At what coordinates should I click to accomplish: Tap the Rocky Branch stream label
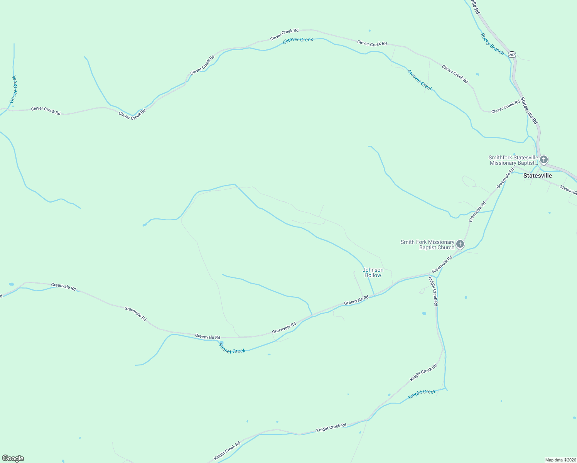click(x=492, y=44)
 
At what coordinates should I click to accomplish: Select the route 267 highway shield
click(x=512, y=54)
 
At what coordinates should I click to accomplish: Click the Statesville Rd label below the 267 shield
click(x=529, y=110)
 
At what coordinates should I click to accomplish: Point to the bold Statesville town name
click(x=537, y=176)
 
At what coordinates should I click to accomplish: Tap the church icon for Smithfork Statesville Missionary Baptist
click(x=544, y=159)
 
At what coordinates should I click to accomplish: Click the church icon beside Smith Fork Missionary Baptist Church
click(x=460, y=244)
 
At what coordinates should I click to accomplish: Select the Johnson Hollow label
click(x=373, y=272)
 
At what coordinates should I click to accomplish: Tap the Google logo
click(x=13, y=458)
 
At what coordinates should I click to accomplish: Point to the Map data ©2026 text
click(x=560, y=460)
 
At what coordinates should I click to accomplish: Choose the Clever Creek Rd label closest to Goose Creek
click(x=46, y=111)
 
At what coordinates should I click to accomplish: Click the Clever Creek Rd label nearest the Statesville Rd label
click(x=506, y=107)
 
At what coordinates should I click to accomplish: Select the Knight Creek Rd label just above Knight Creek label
click(x=423, y=372)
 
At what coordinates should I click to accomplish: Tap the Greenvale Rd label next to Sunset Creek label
click(x=208, y=336)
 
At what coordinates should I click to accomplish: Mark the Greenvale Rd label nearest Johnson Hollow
click(x=356, y=300)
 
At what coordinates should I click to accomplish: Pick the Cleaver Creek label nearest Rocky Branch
click(x=420, y=80)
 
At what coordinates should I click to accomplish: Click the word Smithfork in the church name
click(x=500, y=157)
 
